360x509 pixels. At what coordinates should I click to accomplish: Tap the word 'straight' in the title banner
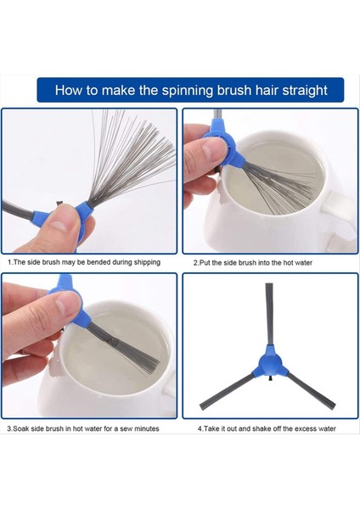[305, 90]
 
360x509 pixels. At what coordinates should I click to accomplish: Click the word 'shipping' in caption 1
[146, 262]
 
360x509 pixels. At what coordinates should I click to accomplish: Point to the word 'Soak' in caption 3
[20, 428]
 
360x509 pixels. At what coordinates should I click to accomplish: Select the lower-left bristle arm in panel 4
[228, 391]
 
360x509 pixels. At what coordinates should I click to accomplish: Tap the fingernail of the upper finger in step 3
[67, 305]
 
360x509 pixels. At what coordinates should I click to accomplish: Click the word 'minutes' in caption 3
[147, 428]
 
